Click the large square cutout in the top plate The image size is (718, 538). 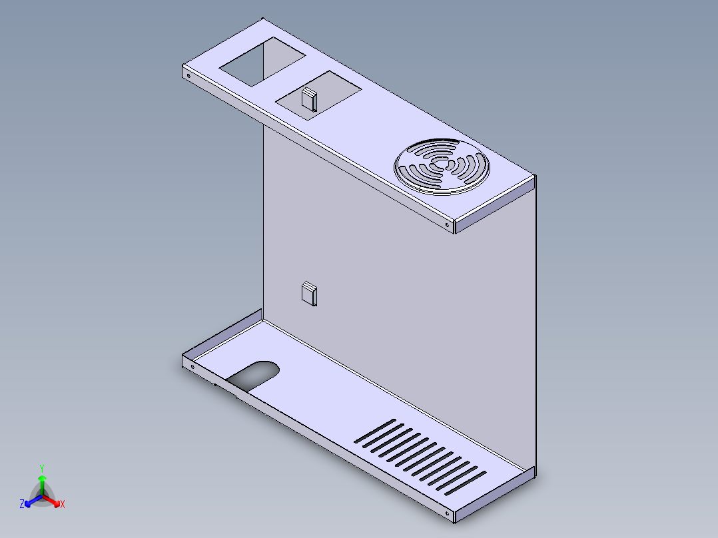point(261,62)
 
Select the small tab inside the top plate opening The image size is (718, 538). point(308,99)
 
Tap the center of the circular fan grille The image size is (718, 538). point(442,166)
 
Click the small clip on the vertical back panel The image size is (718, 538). point(309,293)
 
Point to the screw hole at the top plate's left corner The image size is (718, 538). point(188,76)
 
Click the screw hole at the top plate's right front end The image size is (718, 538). point(447,225)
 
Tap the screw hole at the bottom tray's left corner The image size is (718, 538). point(192,366)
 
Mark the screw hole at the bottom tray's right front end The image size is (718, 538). point(447,515)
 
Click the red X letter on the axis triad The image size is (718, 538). point(62,505)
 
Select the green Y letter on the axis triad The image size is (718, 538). point(41,468)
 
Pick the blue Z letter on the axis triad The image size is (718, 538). point(22,505)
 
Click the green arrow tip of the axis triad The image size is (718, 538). point(41,478)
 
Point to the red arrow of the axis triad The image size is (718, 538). point(53,501)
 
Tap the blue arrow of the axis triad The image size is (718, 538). point(31,501)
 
